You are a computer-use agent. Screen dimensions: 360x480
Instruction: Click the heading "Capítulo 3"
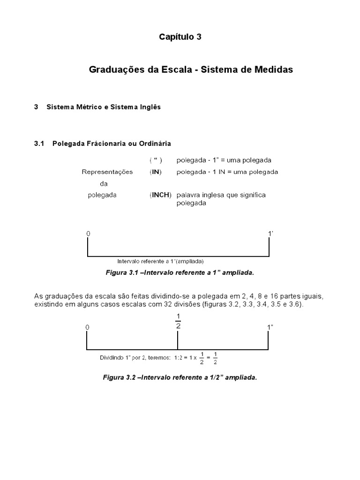point(180,37)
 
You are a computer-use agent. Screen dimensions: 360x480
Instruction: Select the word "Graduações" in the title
point(112,69)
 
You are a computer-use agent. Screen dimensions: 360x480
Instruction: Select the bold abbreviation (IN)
point(156,172)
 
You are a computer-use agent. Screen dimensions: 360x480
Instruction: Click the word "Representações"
point(107,172)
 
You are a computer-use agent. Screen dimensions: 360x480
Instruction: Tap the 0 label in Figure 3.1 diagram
point(88,233)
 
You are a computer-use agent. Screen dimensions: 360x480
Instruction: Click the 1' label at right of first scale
point(270,233)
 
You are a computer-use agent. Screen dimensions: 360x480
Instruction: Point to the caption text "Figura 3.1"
point(121,272)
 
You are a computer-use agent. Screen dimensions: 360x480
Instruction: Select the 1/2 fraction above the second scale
point(178,321)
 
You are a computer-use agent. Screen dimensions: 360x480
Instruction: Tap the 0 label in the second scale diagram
point(87,327)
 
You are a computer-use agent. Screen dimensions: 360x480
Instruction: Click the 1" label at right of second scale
point(270,327)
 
